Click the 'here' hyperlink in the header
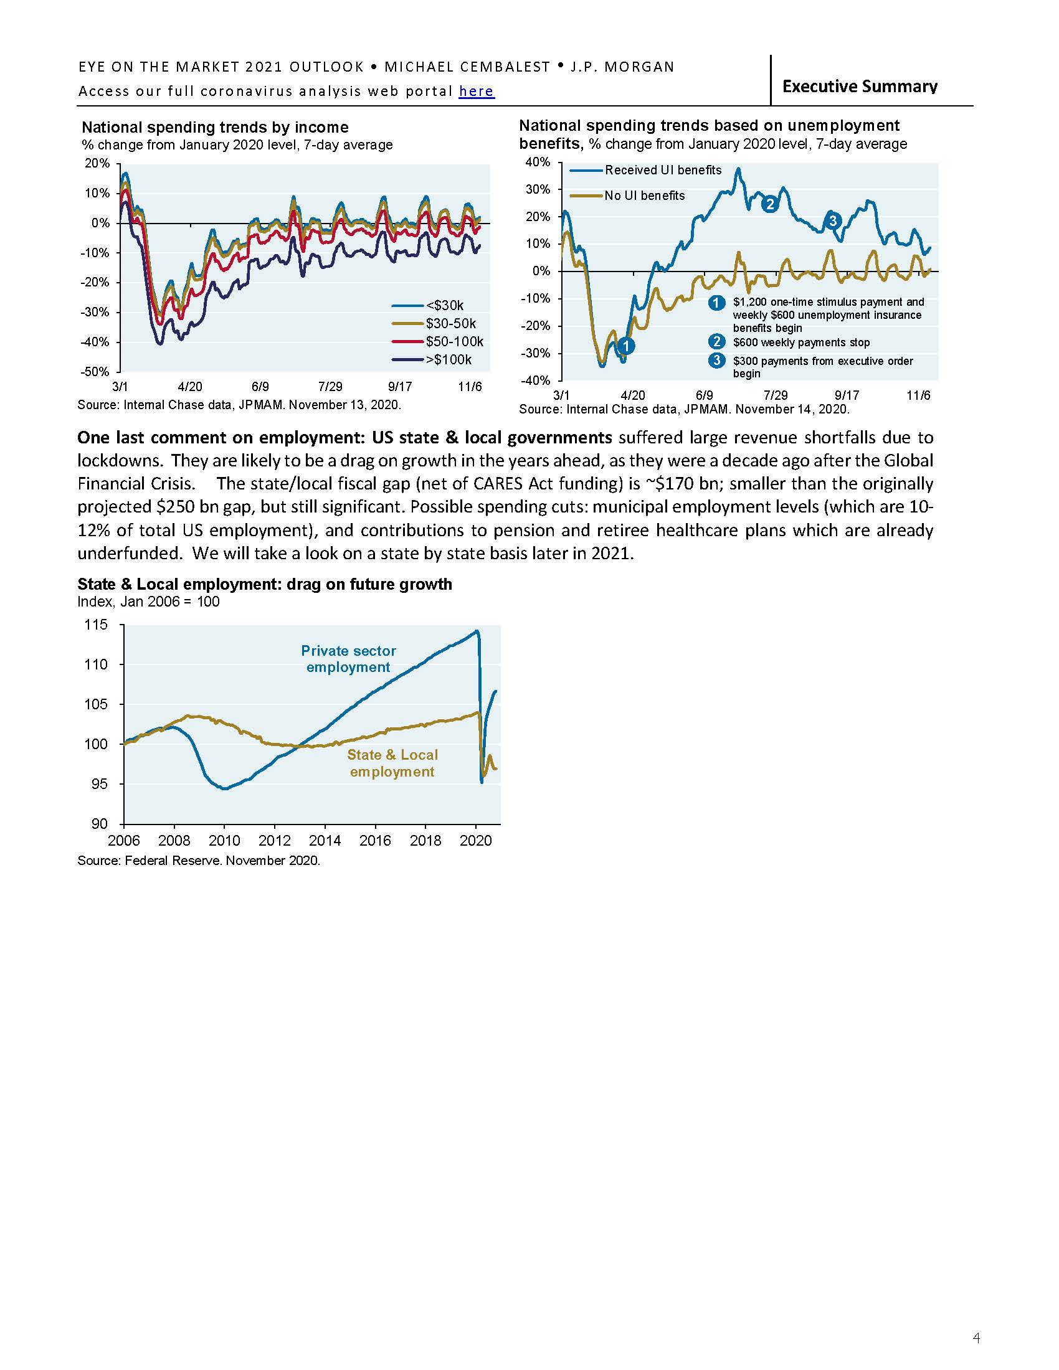(476, 92)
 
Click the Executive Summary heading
(860, 86)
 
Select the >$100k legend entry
(449, 359)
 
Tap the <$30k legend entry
(444, 306)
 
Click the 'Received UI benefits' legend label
(663, 170)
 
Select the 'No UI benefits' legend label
(644, 196)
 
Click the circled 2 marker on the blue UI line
(770, 204)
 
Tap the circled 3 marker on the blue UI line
(832, 220)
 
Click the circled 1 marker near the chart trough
(625, 346)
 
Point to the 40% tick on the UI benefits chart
(538, 162)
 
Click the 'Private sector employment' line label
(348, 659)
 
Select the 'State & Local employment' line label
(392, 763)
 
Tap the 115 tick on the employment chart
(95, 625)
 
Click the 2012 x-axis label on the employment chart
(275, 840)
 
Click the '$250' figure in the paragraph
(165, 507)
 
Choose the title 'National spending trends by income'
(215, 127)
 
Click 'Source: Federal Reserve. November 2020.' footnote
(199, 861)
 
